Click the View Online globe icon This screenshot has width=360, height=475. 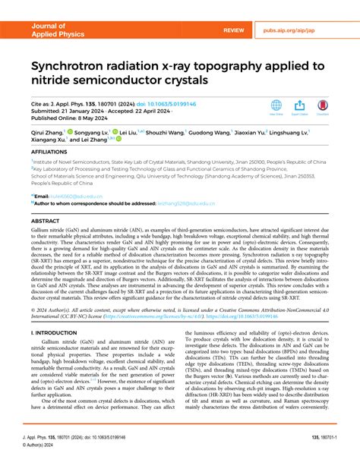coord(276,105)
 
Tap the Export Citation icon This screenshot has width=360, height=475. coord(299,105)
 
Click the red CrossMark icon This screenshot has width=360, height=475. coord(323,105)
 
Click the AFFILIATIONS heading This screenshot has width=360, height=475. coord(49,152)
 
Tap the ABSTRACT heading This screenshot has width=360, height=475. coord(45,221)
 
